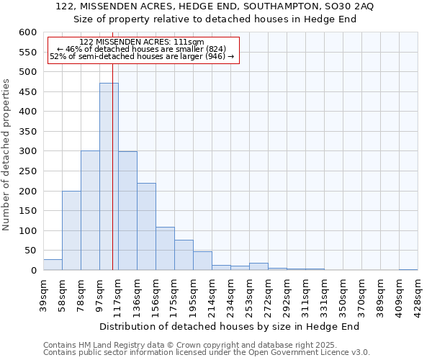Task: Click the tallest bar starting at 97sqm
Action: pyautogui.click(x=109, y=176)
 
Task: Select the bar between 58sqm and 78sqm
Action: pyautogui.click(x=71, y=230)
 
